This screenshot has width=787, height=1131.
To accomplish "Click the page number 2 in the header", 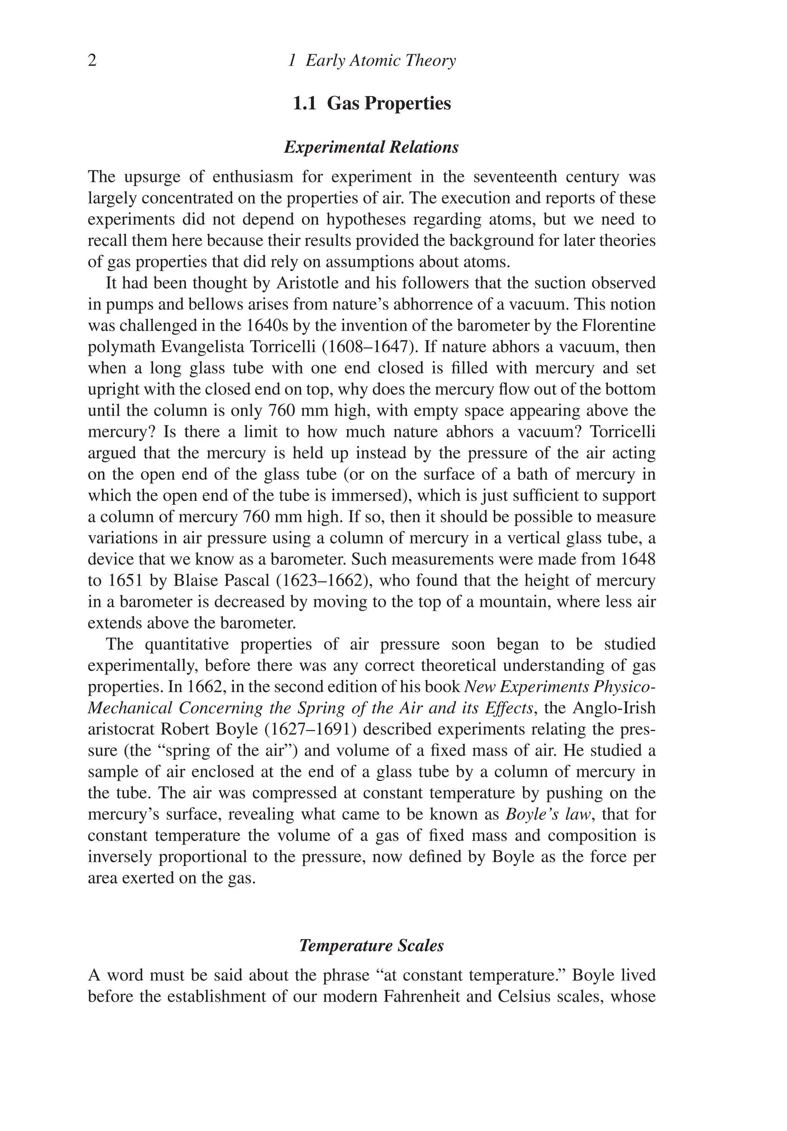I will pos(92,61).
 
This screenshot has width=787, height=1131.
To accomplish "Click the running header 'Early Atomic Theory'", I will pos(380,61).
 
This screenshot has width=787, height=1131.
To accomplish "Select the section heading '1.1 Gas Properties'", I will pos(372,103).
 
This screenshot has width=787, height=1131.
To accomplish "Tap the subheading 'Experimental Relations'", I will pos(372,147).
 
